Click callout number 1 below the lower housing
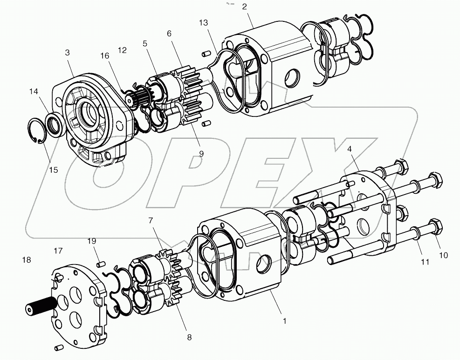click(284, 321)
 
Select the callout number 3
click(68, 53)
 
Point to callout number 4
click(350, 150)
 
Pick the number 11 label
click(425, 262)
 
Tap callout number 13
click(203, 23)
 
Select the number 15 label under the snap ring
click(54, 170)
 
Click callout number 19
click(92, 241)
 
